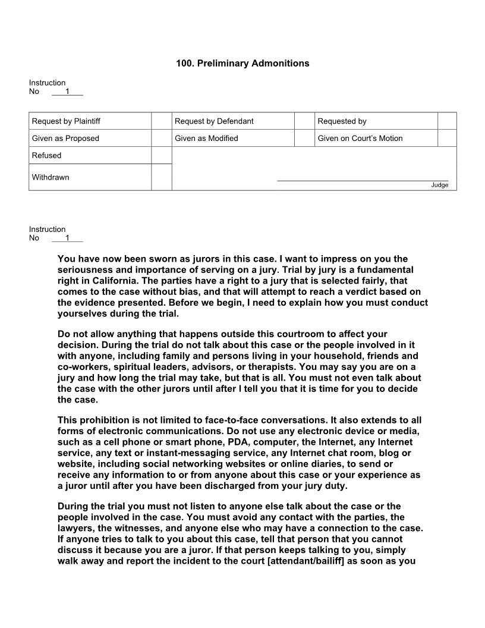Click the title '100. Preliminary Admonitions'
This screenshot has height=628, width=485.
click(242, 63)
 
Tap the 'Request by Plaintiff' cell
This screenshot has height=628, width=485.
click(66, 121)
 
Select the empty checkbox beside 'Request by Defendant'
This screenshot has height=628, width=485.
click(304, 121)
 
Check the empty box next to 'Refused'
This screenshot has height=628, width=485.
click(161, 155)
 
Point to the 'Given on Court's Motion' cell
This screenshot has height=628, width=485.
click(360, 139)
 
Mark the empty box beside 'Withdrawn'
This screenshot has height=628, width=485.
click(161, 177)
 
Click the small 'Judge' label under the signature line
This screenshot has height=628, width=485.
click(439, 185)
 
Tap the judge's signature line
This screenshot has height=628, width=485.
click(363, 180)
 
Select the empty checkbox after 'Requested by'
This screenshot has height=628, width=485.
click(447, 121)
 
